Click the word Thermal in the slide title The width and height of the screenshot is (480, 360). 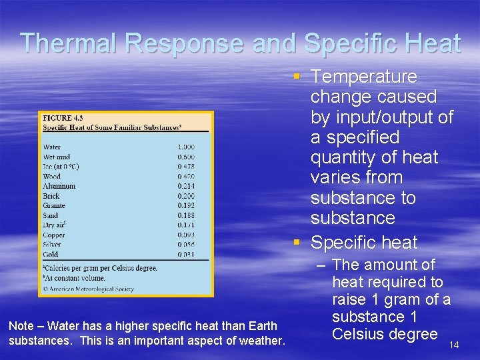[x=70, y=43]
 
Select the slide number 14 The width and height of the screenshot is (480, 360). [x=454, y=345]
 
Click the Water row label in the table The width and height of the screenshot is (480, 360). [x=52, y=147]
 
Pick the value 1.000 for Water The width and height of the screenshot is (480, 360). [x=186, y=147]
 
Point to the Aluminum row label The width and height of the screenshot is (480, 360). [x=59, y=186]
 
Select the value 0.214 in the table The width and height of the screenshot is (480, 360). [x=186, y=186]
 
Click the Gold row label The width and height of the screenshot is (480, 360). [x=51, y=254]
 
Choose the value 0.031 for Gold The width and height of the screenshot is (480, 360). [x=186, y=254]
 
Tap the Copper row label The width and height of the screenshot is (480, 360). [x=54, y=235]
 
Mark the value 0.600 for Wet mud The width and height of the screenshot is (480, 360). [x=186, y=157]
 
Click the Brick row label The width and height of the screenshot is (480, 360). [x=51, y=196]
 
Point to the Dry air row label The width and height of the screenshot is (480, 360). [x=55, y=225]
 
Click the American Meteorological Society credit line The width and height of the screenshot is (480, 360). [x=88, y=289]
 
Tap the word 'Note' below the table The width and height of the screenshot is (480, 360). [x=21, y=326]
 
